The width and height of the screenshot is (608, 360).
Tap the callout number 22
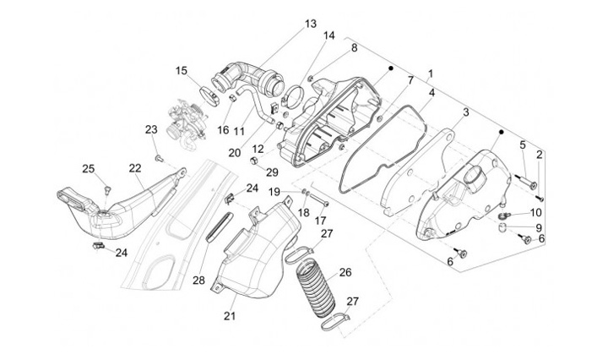click(x=135, y=167)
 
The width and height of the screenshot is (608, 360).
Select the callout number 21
click(x=230, y=316)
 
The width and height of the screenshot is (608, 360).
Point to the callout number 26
click(x=345, y=272)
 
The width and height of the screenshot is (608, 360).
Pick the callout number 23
click(x=151, y=129)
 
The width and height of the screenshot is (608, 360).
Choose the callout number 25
click(x=88, y=169)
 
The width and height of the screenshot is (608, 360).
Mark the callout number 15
click(x=182, y=71)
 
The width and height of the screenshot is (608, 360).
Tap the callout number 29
click(x=272, y=172)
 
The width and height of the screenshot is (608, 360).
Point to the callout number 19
click(x=274, y=193)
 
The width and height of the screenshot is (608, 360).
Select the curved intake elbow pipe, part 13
click(x=249, y=74)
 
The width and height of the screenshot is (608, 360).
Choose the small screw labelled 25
click(x=108, y=188)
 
